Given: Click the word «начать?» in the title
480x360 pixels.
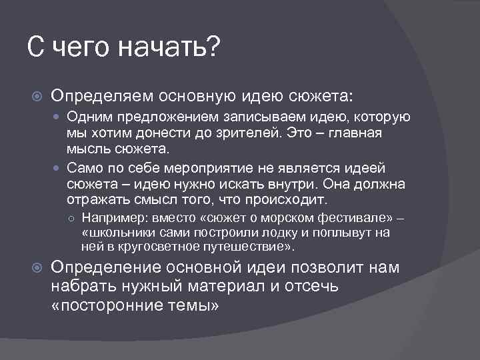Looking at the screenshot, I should [169, 48].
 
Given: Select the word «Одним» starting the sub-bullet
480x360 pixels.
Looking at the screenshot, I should [85, 117].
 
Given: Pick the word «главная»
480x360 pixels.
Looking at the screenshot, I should [357, 133].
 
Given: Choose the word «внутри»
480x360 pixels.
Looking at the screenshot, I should [280, 184].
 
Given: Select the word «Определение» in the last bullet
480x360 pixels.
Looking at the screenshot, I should [100, 268].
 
